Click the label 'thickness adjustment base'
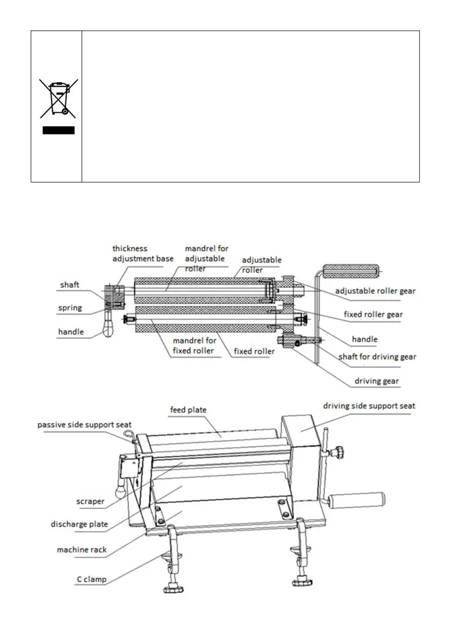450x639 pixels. coord(142,253)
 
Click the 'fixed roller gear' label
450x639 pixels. coord(372,314)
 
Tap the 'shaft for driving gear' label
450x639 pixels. coord(377,357)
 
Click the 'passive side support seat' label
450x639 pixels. coord(84,425)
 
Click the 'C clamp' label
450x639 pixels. coord(90,580)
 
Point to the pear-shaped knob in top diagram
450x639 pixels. coord(108,327)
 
